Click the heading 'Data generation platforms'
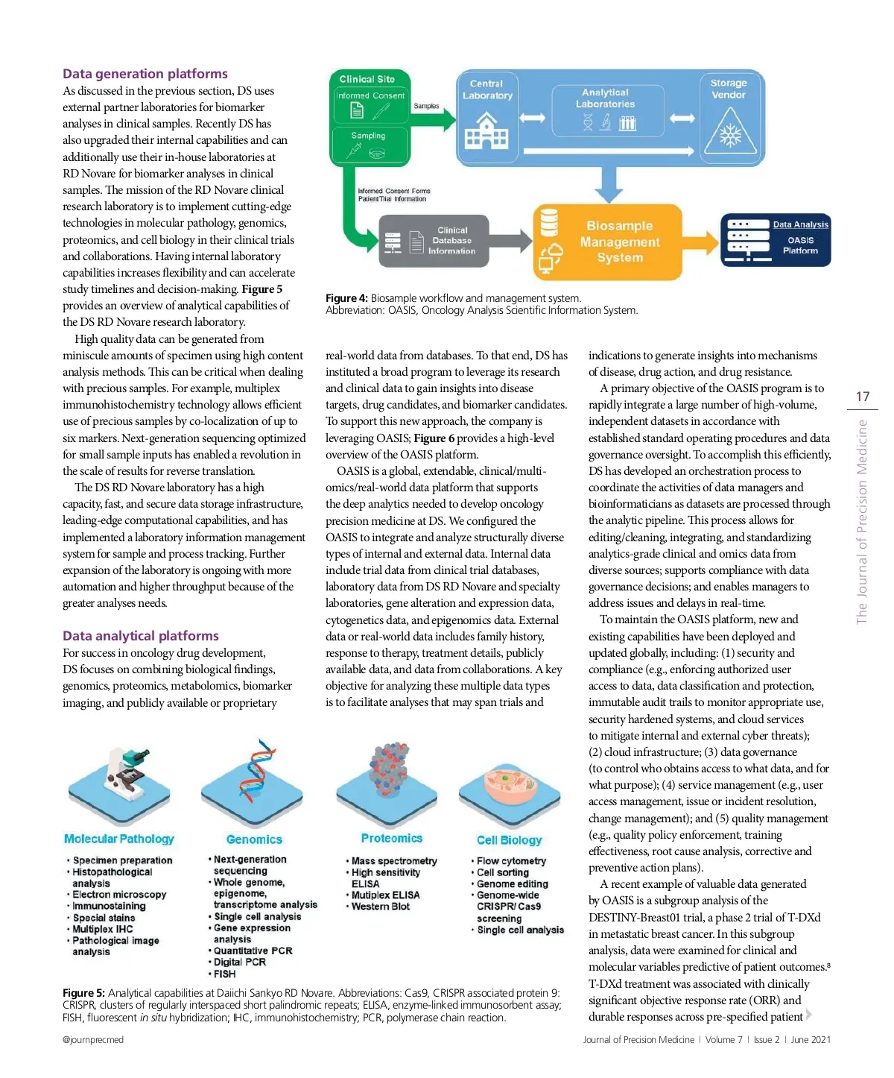(145, 74)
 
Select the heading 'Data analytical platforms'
(141, 636)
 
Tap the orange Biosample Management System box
(608, 242)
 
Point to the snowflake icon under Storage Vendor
(729, 134)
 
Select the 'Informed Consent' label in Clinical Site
(370, 95)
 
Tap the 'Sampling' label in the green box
(368, 136)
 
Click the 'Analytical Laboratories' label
(605, 98)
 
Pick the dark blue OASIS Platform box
(776, 240)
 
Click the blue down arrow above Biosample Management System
(609, 183)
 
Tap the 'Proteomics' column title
(391, 839)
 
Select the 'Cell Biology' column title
(510, 840)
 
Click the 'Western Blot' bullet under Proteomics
(381, 907)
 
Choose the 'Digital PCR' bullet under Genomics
(240, 962)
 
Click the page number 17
(863, 397)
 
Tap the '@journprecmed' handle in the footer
(93, 1040)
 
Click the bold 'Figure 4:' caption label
(346, 298)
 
